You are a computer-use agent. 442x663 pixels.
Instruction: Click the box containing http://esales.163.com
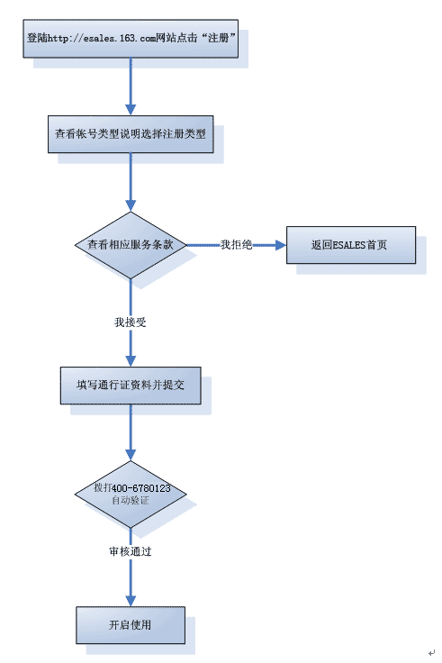131,39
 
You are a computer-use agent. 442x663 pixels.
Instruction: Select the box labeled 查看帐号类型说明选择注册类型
131,134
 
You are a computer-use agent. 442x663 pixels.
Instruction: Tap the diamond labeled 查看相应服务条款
131,245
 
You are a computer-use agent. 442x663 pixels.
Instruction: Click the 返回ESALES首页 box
351,245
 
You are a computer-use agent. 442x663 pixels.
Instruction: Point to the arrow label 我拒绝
236,245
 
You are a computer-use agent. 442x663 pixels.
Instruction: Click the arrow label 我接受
131,322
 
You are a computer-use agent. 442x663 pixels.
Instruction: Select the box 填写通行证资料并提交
131,386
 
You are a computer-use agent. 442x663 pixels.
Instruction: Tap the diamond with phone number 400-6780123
131,494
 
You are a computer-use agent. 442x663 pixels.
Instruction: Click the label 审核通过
131,551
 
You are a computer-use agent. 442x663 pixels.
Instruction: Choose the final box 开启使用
131,625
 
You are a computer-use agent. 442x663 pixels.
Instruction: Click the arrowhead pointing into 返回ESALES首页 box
281,245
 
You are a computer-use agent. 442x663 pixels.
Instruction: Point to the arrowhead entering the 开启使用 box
131,601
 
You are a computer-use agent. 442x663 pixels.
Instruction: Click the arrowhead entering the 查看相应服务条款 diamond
131,205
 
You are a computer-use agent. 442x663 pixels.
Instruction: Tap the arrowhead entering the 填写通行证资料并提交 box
131,361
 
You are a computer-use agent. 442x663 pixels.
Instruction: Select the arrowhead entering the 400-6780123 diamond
131,455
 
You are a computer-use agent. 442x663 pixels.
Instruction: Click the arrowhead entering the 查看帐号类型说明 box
131,110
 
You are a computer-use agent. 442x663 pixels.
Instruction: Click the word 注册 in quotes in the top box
219,38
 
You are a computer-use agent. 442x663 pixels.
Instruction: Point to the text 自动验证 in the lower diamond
131,500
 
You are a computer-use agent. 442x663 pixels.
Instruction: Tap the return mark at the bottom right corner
431,653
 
